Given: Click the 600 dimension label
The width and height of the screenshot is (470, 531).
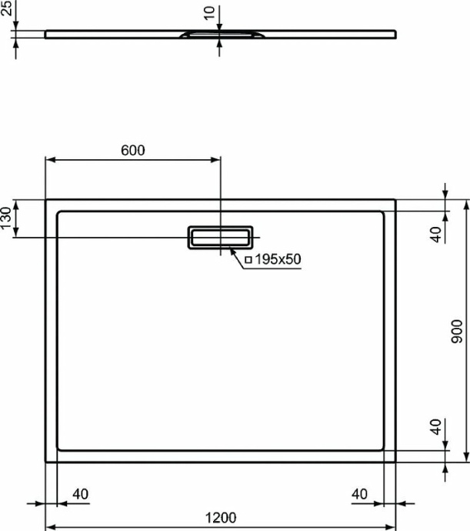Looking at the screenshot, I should (x=132, y=151).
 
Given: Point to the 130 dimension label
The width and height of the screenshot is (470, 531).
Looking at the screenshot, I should (x=7, y=218).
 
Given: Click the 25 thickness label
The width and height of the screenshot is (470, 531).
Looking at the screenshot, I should (x=7, y=11).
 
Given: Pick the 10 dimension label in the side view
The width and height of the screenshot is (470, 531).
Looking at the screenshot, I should (x=208, y=14).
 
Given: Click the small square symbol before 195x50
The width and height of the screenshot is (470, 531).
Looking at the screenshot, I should (x=248, y=260).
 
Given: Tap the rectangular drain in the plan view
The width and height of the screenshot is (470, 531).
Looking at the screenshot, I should (x=220, y=237).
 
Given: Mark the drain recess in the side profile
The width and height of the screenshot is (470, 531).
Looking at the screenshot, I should (x=220, y=34).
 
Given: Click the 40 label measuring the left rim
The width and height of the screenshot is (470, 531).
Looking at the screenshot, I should (x=78, y=493).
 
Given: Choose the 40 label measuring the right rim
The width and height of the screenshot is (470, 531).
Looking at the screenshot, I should (x=359, y=493).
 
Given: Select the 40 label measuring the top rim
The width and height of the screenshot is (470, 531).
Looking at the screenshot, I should (x=436, y=234).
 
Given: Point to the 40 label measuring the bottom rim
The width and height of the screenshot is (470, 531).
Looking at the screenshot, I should (x=436, y=428).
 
